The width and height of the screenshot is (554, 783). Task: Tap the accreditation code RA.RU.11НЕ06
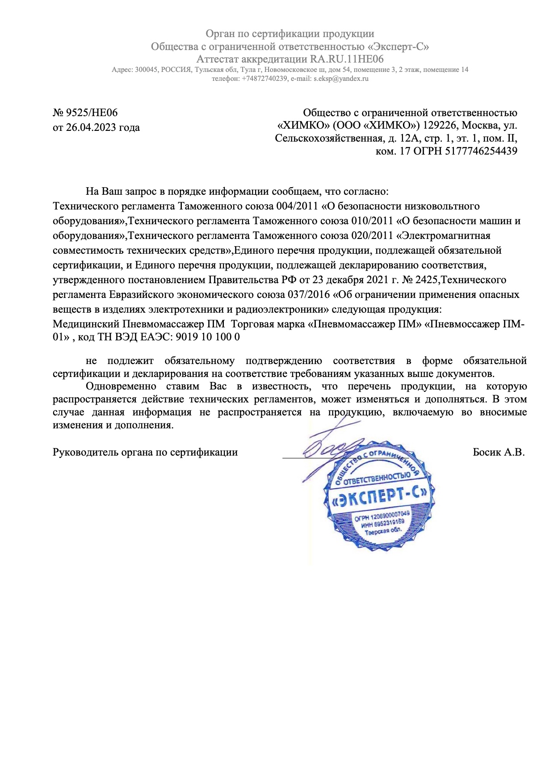[x=347, y=59]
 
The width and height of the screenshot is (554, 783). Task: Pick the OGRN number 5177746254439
[x=481, y=151]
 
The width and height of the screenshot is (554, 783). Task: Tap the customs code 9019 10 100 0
[x=208, y=337]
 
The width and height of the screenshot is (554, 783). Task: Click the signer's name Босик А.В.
[x=499, y=452]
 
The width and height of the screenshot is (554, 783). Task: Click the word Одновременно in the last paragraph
[x=121, y=386]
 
